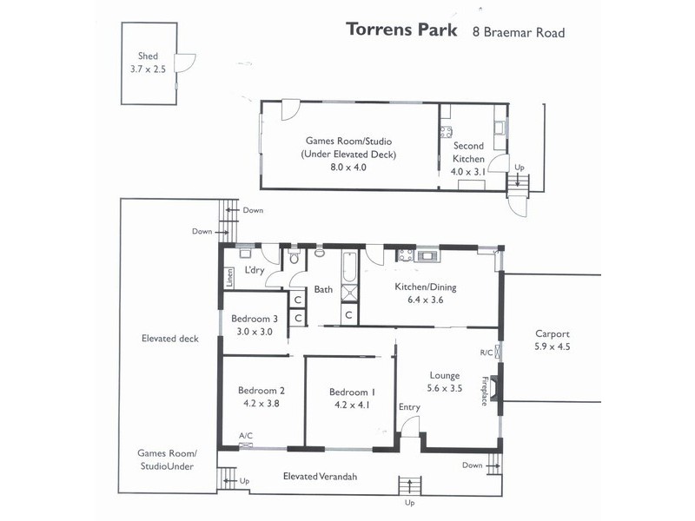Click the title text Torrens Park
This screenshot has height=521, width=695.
tap(401, 30)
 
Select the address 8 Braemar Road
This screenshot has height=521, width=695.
tap(518, 33)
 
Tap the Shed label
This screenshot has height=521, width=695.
tap(148, 56)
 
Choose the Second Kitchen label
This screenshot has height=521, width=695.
tap(468, 153)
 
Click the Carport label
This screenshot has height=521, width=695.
tap(553, 333)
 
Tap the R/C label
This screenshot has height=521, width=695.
tap(486, 352)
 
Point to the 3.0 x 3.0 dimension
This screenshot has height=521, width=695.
tap(255, 331)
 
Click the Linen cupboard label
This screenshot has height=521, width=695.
tap(230, 278)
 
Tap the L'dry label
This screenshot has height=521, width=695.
tap(254, 270)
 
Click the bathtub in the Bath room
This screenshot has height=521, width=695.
tap(349, 268)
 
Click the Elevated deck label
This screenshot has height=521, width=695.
tap(169, 339)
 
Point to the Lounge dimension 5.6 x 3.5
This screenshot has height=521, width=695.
tap(444, 388)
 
